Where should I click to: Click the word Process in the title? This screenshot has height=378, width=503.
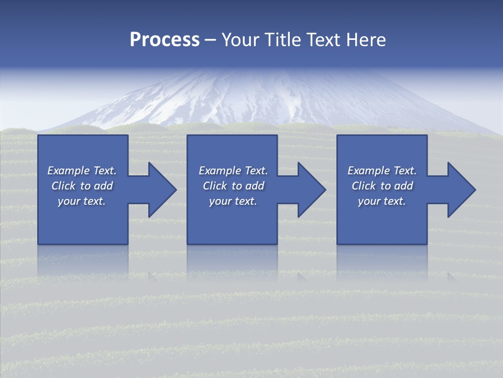pos(165,40)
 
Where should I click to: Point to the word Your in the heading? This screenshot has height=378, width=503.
pos(240,40)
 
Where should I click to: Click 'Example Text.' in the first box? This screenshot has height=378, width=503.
pos(82,171)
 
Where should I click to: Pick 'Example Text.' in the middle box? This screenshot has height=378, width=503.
pos(233,171)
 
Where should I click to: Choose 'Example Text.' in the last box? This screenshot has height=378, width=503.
pos(382,171)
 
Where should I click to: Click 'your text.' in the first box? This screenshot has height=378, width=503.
pos(82,201)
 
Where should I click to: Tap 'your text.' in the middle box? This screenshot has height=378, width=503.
pos(233,201)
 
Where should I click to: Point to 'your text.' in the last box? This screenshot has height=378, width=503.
pos(382,201)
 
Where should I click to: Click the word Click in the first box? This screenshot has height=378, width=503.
pos(63,186)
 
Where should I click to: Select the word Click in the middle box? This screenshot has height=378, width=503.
pos(215,186)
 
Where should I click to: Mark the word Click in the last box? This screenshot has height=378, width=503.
pos(364,186)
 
